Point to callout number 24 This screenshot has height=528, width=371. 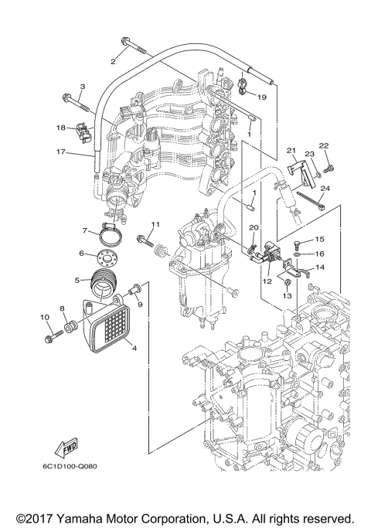pos(325,189)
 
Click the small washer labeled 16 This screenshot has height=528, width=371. pos(298,253)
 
